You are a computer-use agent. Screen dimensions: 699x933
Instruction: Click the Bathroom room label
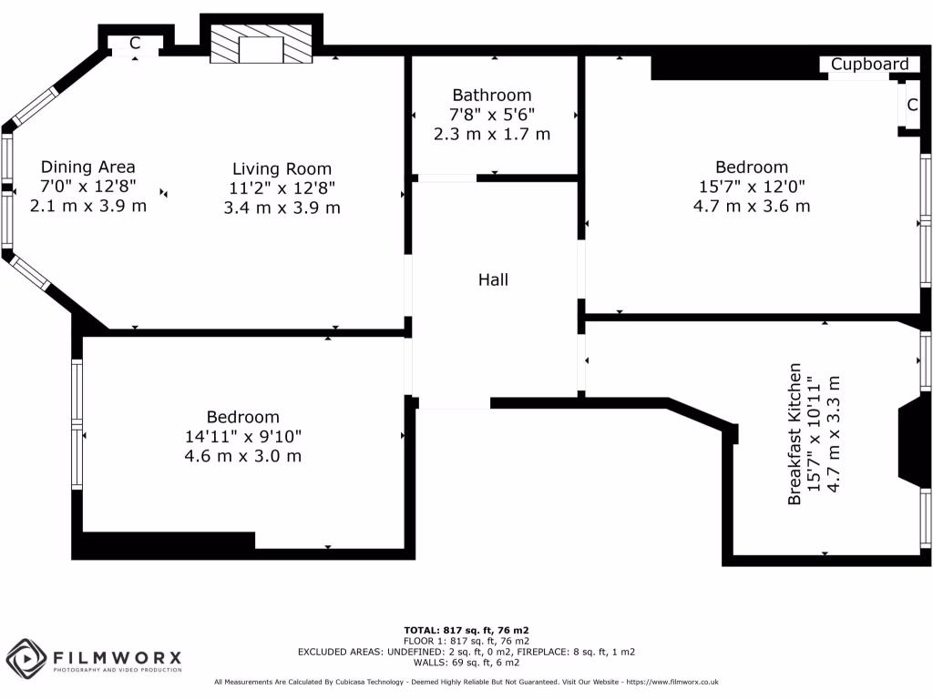click(492, 95)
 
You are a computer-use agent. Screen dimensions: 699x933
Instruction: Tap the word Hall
click(493, 279)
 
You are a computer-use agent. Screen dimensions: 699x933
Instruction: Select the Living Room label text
click(282, 168)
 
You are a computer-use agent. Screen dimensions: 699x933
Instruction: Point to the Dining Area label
click(87, 167)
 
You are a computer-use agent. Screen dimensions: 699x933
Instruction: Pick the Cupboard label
click(869, 64)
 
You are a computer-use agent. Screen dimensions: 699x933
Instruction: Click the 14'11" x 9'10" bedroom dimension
click(242, 436)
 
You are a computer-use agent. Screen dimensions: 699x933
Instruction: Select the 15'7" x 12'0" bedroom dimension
click(751, 187)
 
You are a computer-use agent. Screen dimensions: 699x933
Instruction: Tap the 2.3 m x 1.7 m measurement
click(492, 134)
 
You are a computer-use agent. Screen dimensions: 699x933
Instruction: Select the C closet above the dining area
click(135, 43)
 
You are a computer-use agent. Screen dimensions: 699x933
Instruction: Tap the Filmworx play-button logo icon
click(26, 657)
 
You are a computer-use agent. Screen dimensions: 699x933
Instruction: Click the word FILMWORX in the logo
click(117, 657)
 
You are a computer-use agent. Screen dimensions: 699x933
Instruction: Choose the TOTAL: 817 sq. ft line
click(466, 630)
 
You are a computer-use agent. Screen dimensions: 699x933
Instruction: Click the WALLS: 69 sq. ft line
click(466, 663)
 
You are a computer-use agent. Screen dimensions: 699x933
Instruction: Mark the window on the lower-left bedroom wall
click(77, 424)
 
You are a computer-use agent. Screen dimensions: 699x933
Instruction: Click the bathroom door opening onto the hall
click(446, 177)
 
